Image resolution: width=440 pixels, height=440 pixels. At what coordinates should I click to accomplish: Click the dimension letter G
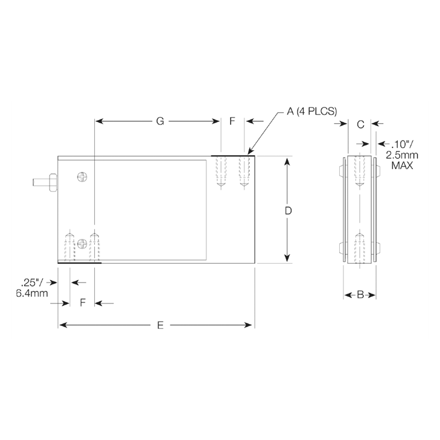click(x=160, y=121)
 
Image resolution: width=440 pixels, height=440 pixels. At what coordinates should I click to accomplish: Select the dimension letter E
click(x=160, y=325)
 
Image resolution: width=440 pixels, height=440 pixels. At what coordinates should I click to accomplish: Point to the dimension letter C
click(x=360, y=124)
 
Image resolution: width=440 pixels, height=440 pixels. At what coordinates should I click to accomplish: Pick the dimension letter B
click(x=360, y=295)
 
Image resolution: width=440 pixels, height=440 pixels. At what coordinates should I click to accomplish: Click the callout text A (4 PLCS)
click(x=311, y=112)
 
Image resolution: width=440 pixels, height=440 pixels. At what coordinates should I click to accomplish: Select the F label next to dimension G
click(x=232, y=121)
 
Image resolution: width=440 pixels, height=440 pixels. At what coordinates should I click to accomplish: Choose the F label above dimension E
click(x=83, y=302)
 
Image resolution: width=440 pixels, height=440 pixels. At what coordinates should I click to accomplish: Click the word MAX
click(x=402, y=165)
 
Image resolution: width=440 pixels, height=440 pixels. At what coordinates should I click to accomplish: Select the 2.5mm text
click(x=402, y=155)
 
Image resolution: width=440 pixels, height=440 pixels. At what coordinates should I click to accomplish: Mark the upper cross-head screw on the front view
click(x=83, y=177)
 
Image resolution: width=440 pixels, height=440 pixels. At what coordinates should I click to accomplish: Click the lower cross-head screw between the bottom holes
click(x=83, y=243)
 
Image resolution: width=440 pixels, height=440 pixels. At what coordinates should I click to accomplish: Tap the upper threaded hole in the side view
click(x=360, y=172)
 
